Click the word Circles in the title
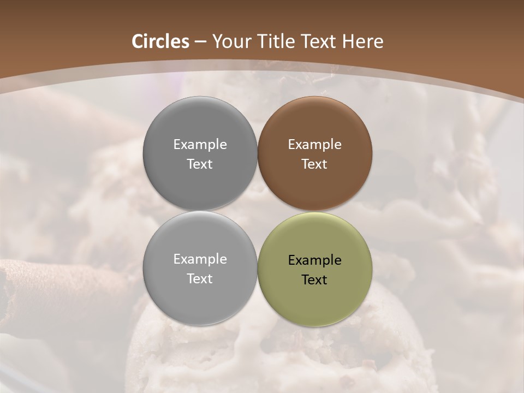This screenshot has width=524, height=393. point(160,41)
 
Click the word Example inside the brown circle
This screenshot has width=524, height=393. point(314,145)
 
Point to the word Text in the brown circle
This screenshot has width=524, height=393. point(314,164)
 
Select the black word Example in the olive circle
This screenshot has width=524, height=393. point(314,260)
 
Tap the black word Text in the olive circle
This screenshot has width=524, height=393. point(314,280)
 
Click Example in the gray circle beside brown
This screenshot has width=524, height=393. point(200,145)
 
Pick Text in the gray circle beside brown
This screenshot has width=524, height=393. point(200,164)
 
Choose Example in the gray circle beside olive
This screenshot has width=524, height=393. point(200,259)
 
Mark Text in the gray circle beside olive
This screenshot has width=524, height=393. point(200,279)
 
